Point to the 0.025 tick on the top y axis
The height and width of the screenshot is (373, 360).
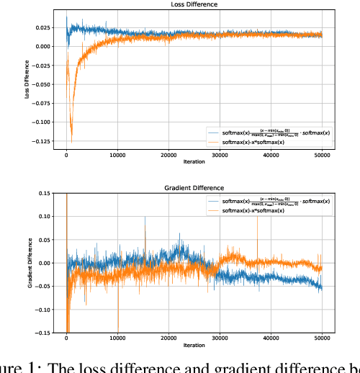click(x=40, y=28)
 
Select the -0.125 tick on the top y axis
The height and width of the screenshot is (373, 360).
click(x=39, y=141)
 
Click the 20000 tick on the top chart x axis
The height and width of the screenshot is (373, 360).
click(x=168, y=155)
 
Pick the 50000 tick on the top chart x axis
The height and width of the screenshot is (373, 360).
click(x=321, y=155)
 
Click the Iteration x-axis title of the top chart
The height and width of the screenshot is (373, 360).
click(x=194, y=162)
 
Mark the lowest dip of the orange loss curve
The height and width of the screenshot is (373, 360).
click(x=71, y=133)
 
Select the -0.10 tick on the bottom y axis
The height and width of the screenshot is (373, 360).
click(x=43, y=310)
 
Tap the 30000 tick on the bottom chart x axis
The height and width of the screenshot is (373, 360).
click(x=220, y=338)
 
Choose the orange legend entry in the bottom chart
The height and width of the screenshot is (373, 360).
click(x=252, y=211)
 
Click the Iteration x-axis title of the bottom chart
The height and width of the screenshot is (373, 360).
click(x=194, y=346)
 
